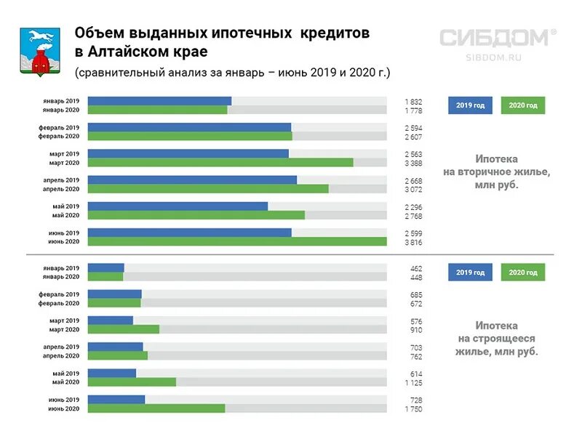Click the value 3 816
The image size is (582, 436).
coord(413,241)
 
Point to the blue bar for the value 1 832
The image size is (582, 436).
coord(159,101)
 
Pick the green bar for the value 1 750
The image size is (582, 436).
coord(156,408)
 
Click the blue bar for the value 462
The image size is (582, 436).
coord(106,268)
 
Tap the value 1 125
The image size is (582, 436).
coord(413,382)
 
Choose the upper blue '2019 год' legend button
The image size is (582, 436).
coord(470,105)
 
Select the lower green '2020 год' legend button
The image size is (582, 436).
coord(523,272)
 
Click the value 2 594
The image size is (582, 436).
coord(413,128)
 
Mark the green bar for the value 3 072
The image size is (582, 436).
coord(208,188)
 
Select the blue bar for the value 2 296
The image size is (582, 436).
coord(178,206)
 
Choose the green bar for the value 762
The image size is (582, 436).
coord(118,356)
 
